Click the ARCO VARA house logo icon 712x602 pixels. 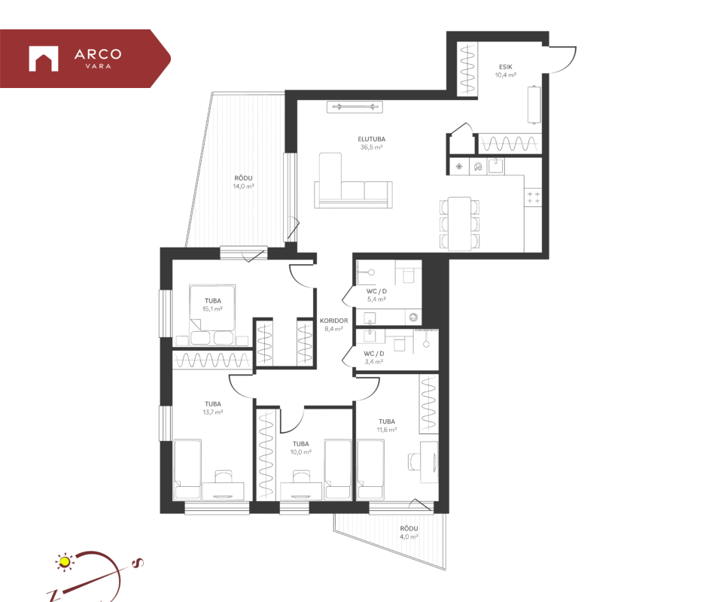click(x=44, y=59)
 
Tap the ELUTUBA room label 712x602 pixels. click(x=372, y=139)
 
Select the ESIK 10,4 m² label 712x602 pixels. click(x=505, y=71)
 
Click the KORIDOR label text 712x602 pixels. click(x=333, y=321)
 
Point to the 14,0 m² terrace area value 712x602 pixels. click(x=243, y=186)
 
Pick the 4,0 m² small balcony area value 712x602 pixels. click(x=409, y=537)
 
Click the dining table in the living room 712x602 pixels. click(x=460, y=223)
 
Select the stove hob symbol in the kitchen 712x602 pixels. click(x=534, y=197)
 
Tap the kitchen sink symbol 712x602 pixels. click(x=496, y=166)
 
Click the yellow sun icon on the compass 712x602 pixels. click(x=65, y=562)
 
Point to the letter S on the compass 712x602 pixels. click(x=138, y=563)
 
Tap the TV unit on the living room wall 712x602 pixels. click(x=355, y=107)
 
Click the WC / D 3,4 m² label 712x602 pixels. click(x=374, y=357)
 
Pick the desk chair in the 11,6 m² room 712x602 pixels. click(x=414, y=461)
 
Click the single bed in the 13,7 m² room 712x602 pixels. click(x=187, y=470)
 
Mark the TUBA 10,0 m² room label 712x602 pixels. click(x=300, y=448)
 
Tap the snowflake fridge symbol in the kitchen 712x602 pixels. click(x=459, y=166)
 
